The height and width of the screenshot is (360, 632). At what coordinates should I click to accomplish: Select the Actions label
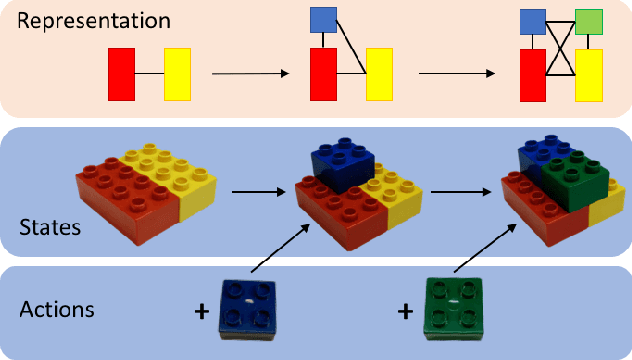(x=57, y=309)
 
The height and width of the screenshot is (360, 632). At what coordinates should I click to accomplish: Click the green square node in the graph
(x=589, y=22)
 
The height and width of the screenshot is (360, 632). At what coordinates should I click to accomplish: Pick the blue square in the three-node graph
(x=323, y=20)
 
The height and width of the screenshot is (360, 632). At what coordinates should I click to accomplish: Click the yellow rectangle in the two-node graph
(x=177, y=73)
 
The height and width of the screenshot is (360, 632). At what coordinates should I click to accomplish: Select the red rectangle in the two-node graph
(x=121, y=73)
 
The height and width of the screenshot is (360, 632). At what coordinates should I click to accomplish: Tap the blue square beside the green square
(x=532, y=22)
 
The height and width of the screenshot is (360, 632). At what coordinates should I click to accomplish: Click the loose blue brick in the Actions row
(x=247, y=308)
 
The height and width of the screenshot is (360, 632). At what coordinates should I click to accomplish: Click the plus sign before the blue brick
(x=202, y=312)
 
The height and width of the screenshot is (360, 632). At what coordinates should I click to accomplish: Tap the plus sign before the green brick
(x=404, y=312)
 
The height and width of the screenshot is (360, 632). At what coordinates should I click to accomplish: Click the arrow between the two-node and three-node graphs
(x=250, y=73)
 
